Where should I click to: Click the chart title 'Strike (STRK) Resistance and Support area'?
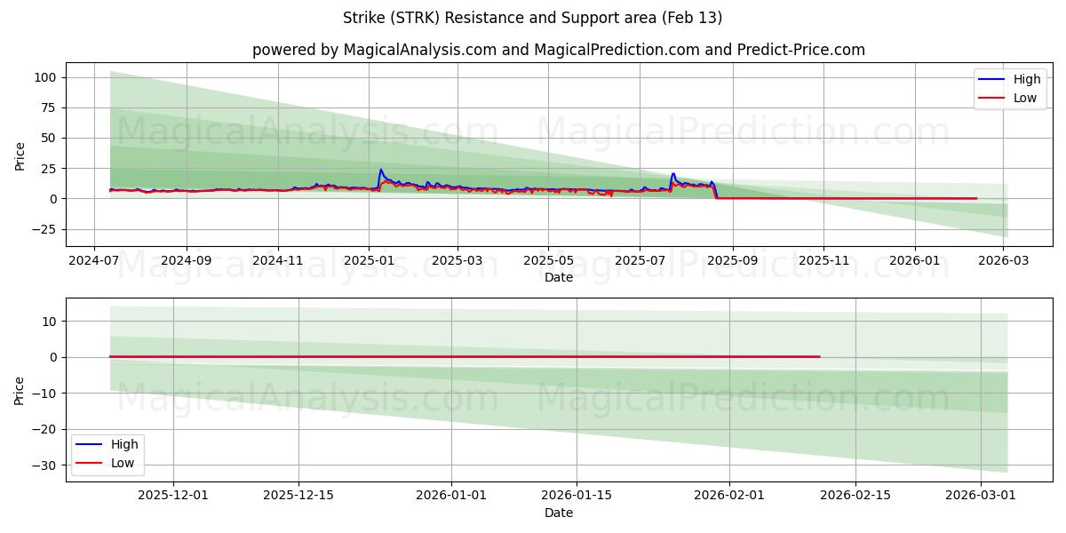pyautogui.click(x=532, y=18)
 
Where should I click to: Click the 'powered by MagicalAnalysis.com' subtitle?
pyautogui.click(x=558, y=50)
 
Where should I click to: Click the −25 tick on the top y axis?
pyautogui.click(x=43, y=229)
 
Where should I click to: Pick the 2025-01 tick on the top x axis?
pyautogui.click(x=369, y=261)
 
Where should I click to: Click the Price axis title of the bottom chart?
pyautogui.click(x=20, y=390)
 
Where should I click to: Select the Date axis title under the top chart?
pyautogui.click(x=558, y=277)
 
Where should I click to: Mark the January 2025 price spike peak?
pyautogui.click(x=380, y=170)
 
